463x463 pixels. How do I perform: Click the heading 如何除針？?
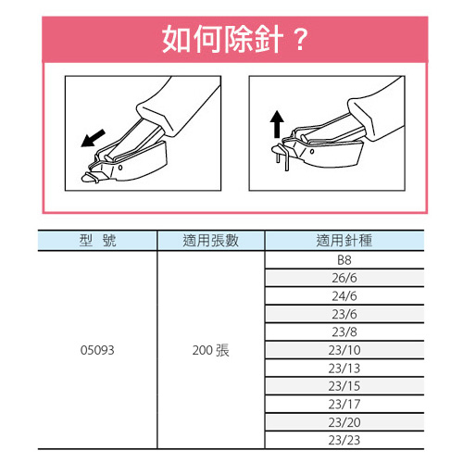coord(235,39)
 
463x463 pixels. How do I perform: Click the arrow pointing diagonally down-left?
coord(93,138)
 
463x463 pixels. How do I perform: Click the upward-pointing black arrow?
coord(277,124)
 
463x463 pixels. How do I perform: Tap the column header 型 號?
coord(97,241)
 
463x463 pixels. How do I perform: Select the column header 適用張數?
coord(211,241)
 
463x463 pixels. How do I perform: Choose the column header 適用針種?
coord(344,241)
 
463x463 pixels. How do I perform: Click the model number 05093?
coord(97,350)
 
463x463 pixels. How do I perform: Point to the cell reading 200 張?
coord(211,350)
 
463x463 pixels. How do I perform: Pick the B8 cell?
coord(344,260)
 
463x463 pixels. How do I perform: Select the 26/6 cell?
coord(344,278)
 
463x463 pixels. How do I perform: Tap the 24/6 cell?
coord(344,296)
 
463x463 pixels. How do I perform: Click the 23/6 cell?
coord(344,314)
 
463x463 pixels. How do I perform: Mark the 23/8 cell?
coord(344,332)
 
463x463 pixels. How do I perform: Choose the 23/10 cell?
coord(344,350)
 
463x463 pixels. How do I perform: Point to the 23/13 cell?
coord(344,369)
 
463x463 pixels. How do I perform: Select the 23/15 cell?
coord(344,386)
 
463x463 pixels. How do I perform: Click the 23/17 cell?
coord(344,404)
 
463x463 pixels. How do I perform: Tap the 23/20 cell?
coord(344,422)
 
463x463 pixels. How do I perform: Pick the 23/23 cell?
coord(344,440)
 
